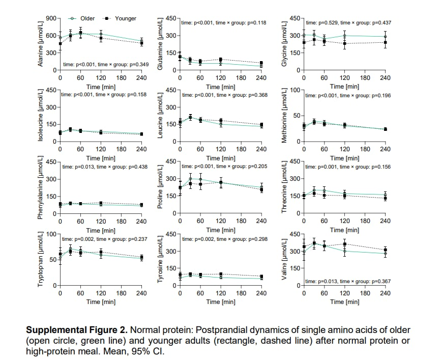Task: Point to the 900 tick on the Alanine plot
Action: pos(50,18)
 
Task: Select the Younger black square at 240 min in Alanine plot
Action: pos(141,43)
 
